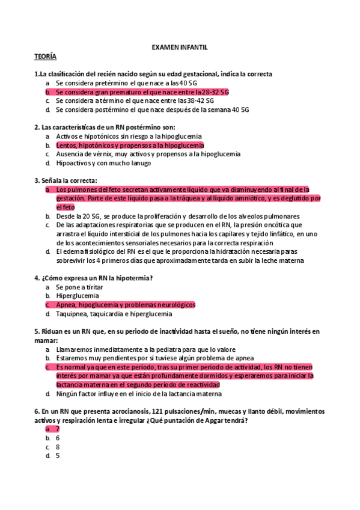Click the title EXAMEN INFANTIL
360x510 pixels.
[180, 46]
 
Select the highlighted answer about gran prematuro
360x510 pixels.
[142, 92]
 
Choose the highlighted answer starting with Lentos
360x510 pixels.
[129, 145]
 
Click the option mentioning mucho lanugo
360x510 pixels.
[103, 163]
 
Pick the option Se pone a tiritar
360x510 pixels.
[84, 287]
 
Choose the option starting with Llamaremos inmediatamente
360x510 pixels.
[145, 349]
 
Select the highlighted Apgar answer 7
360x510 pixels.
[57, 429]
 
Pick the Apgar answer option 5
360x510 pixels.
[57, 456]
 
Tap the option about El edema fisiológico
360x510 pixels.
[174, 251]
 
